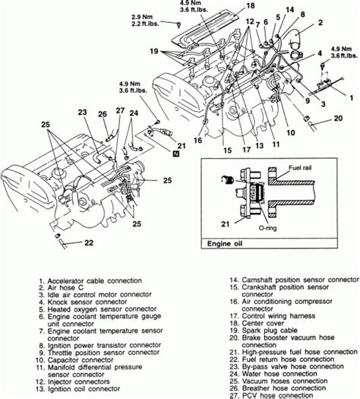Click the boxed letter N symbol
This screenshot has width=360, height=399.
point(176,154)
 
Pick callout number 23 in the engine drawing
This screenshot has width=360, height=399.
point(82,110)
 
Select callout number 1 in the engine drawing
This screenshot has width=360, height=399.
point(351,98)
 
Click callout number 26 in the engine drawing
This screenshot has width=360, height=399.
point(102,115)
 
